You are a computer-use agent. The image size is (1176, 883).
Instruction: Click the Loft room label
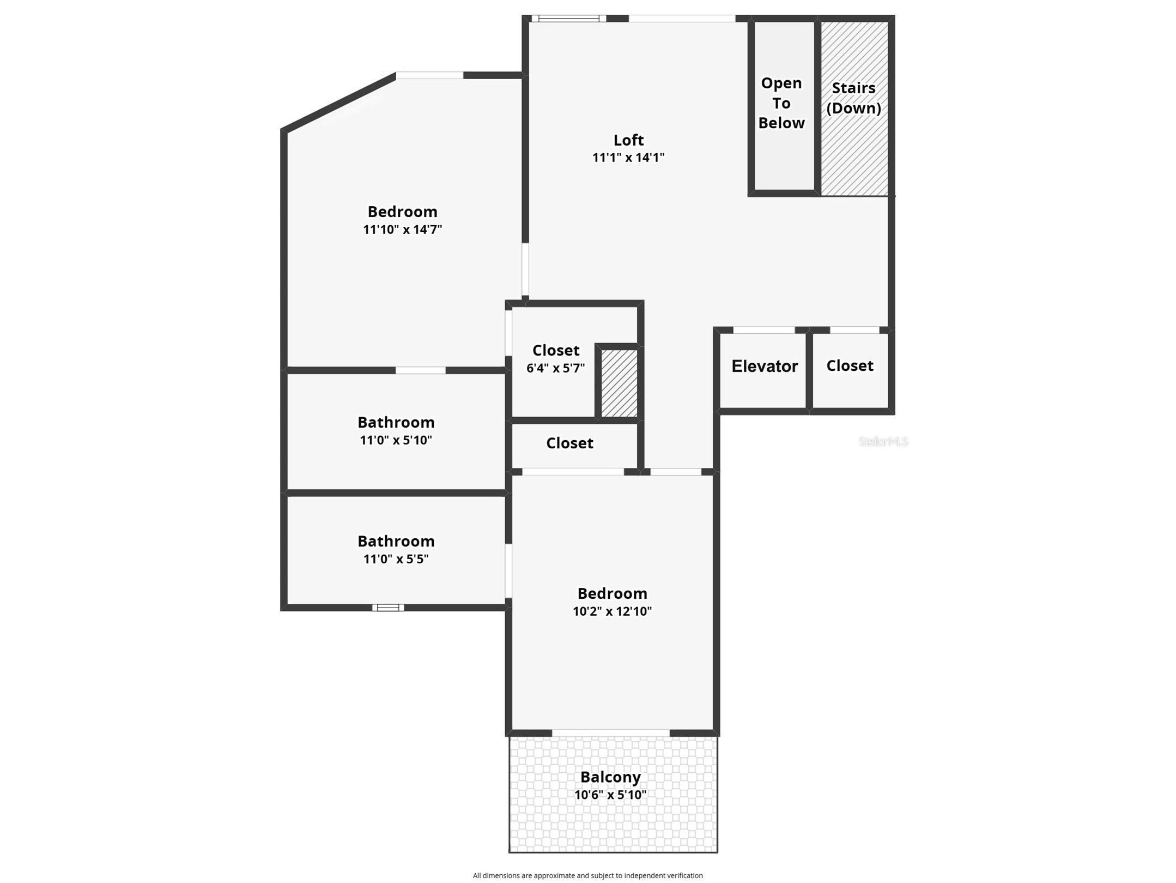coord(628,140)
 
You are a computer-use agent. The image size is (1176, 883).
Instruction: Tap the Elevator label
coord(765,366)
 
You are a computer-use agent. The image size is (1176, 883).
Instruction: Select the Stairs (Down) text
coord(853,98)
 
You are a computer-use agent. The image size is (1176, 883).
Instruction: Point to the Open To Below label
coord(781,103)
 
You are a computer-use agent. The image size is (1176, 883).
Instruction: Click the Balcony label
coord(610,777)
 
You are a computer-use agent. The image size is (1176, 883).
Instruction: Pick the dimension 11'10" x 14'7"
coord(402,229)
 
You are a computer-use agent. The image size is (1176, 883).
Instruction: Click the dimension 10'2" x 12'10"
coord(612,611)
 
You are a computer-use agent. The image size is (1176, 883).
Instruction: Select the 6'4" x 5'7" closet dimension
coord(555,368)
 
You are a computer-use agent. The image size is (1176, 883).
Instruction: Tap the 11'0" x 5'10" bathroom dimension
coord(396,440)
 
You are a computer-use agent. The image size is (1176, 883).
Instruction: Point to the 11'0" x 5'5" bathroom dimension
coord(396,558)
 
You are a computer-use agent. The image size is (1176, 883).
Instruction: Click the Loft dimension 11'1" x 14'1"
coord(628,158)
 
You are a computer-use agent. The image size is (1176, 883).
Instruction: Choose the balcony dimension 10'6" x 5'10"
coord(610,795)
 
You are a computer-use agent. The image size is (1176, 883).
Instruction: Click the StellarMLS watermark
coord(883,441)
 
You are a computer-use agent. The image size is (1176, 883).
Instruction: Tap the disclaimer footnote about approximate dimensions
coord(587,875)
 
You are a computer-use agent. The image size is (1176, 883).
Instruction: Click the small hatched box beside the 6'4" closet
coord(619,383)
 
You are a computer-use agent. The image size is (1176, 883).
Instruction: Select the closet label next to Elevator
coord(850,365)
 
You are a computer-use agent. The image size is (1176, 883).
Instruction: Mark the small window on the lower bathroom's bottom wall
coord(388,608)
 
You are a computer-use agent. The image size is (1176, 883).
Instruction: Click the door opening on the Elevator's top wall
coord(764,330)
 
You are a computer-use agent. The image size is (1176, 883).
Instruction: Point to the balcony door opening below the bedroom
coord(611,733)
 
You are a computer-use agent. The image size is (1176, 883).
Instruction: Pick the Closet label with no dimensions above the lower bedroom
coord(569,443)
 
